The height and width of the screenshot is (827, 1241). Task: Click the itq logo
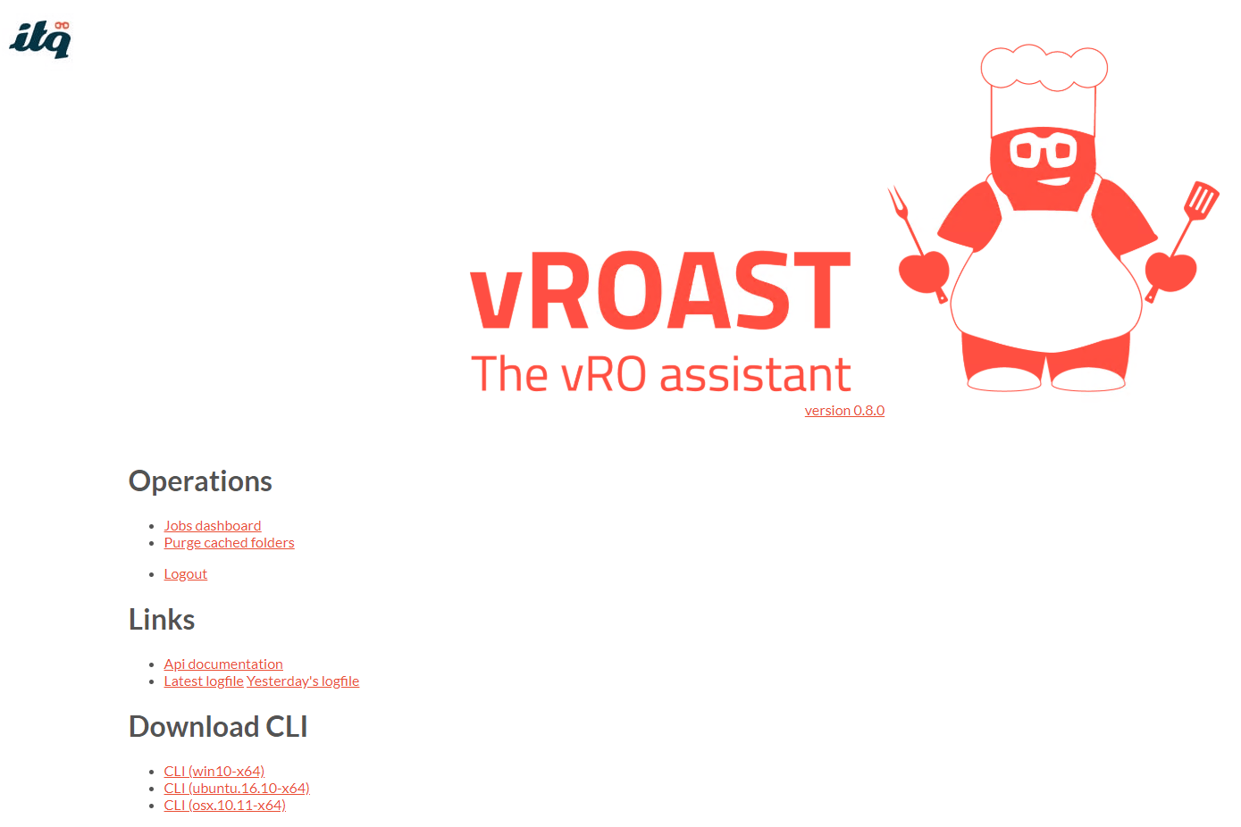tap(40, 39)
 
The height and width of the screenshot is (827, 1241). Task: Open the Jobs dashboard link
tap(212, 525)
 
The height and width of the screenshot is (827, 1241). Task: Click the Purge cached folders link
tap(229, 542)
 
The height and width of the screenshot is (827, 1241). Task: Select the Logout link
tap(186, 573)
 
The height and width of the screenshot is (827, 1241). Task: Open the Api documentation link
tap(223, 664)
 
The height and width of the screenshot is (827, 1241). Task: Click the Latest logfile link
tap(204, 681)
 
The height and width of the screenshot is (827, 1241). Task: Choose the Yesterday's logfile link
tap(303, 681)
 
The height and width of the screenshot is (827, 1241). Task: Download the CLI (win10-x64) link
tap(214, 771)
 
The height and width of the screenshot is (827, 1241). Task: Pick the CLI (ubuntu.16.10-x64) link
tap(237, 788)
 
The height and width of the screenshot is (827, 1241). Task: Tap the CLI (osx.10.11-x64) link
tap(224, 805)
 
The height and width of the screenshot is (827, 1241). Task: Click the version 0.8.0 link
tap(844, 411)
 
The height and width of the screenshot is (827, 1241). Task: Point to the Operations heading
tap(200, 480)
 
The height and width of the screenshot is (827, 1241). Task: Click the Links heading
tap(162, 619)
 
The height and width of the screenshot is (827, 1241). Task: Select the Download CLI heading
tap(218, 726)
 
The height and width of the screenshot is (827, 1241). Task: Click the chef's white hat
tap(1044, 88)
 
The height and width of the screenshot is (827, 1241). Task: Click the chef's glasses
tap(1044, 150)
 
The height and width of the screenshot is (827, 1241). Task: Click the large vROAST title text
tap(660, 289)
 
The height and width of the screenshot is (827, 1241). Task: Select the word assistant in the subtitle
tap(755, 374)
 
